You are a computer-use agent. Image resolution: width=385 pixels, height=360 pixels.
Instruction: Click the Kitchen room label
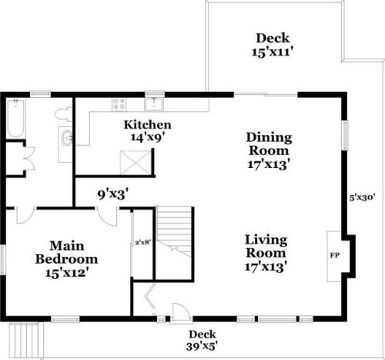(148, 125)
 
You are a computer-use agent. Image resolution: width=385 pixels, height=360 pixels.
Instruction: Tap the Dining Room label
(269, 144)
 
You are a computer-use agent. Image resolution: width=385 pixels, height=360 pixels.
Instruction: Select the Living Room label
(266, 246)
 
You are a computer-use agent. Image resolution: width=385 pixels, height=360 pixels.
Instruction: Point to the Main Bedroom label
(66, 252)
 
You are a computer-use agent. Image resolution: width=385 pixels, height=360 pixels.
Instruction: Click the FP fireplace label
(335, 255)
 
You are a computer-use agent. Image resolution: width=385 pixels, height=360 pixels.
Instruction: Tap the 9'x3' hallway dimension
(112, 194)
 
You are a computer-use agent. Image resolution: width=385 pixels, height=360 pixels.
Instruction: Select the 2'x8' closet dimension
(142, 242)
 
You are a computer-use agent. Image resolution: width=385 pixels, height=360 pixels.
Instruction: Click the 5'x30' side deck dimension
(363, 197)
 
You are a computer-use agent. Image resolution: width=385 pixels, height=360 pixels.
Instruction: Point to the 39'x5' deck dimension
(202, 347)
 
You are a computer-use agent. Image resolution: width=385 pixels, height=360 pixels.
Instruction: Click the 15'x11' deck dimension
(273, 52)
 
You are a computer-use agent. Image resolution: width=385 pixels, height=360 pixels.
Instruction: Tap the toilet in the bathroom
(63, 114)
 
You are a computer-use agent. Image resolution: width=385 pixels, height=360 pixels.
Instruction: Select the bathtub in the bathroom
(16, 118)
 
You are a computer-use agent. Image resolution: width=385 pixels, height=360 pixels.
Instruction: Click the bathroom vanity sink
(67, 138)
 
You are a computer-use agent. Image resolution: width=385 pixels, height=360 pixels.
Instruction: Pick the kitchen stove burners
(119, 105)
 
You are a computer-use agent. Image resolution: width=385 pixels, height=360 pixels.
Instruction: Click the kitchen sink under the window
(154, 104)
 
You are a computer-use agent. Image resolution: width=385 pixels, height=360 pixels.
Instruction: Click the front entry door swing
(181, 311)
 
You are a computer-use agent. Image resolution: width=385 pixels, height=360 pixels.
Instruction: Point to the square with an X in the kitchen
(136, 163)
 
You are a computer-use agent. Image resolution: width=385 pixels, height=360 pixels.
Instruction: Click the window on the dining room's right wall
(346, 135)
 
